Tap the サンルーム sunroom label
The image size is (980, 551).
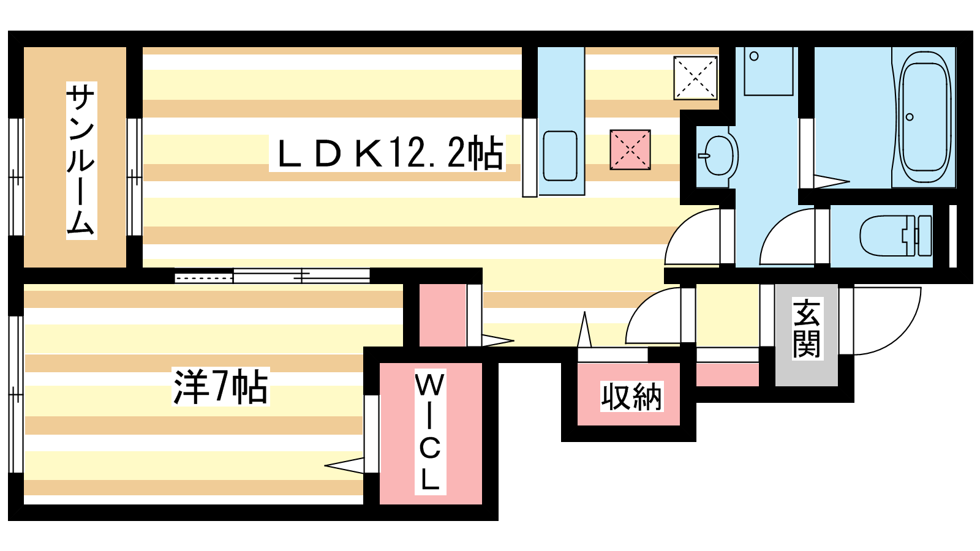[x=81, y=160]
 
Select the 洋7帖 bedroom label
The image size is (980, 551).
[x=220, y=387]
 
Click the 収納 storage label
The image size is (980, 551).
[x=631, y=397]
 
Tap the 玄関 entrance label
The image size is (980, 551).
[x=808, y=328]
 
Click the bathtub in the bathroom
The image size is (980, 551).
[x=925, y=117]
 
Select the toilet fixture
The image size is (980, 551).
[x=895, y=236]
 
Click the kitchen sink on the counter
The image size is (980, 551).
[x=560, y=156]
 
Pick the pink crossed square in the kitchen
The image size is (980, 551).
[x=630, y=149]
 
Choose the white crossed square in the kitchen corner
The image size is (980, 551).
[x=695, y=77]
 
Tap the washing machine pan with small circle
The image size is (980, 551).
[x=769, y=71]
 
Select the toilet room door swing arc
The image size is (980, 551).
[x=787, y=236]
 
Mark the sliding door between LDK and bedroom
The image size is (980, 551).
[x=272, y=276]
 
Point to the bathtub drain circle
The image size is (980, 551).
[x=910, y=117]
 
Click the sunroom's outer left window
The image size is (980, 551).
[x=16, y=177]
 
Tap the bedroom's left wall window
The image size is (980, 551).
[x=16, y=394]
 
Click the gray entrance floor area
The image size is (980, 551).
[x=806, y=335]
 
